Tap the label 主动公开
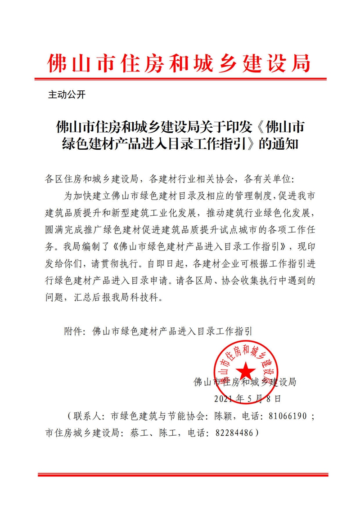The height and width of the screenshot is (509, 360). point(66,95)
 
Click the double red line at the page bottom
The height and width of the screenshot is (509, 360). point(180,475)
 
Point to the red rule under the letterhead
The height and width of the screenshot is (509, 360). point(180,80)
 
